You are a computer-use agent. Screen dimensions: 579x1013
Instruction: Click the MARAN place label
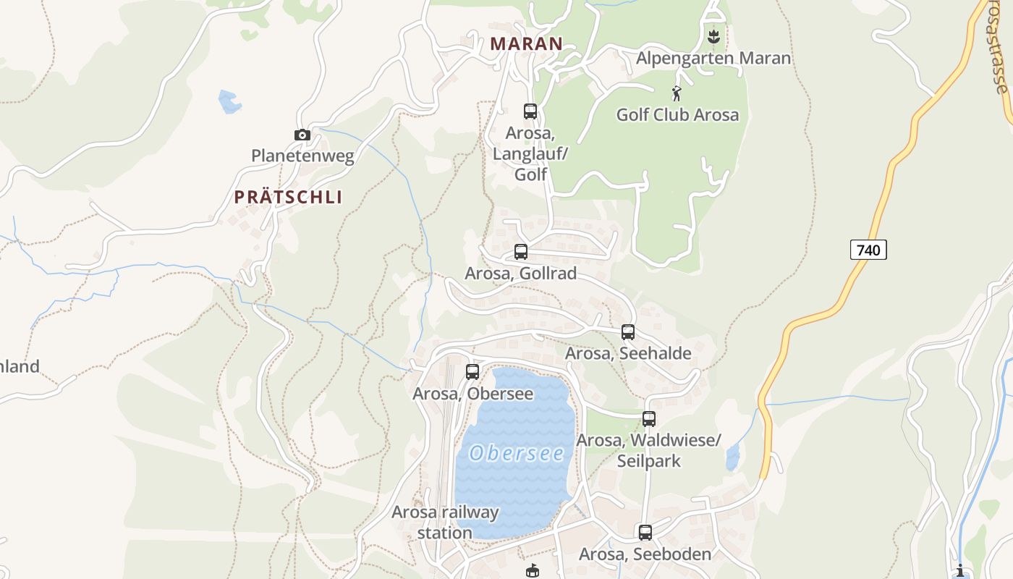[526, 43]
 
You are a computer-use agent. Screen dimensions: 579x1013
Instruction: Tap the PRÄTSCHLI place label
[288, 197]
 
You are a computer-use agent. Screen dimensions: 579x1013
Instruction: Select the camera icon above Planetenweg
[302, 135]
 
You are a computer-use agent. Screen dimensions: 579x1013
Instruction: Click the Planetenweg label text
[302, 156]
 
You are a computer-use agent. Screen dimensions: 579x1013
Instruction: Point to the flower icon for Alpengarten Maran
[713, 35]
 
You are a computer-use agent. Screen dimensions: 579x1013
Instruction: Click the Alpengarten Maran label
[713, 58]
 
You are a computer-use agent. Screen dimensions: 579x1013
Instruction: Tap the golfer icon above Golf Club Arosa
[677, 93]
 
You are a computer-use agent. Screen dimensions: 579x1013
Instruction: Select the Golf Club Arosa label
[677, 114]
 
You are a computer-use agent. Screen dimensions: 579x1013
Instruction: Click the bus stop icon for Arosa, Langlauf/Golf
[530, 111]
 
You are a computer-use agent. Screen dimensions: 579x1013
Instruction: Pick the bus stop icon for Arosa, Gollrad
[521, 252]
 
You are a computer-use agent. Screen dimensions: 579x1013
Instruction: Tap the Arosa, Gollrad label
[520, 274]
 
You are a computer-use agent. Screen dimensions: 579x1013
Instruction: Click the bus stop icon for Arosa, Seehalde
[628, 332]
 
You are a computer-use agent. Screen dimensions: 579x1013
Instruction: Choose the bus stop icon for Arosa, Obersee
[472, 372]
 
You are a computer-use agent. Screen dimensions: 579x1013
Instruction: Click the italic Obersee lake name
[517, 454]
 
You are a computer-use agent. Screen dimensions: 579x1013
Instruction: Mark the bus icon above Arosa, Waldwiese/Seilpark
[649, 419]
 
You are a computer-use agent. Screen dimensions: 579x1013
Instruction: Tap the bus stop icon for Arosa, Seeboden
[645, 533]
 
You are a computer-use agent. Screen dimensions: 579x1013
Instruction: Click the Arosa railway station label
[445, 523]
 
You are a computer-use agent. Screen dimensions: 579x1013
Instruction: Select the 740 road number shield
[868, 250]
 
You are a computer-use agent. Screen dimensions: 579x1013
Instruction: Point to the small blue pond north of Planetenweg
[229, 102]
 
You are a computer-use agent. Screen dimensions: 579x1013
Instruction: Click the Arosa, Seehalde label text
[628, 353]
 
